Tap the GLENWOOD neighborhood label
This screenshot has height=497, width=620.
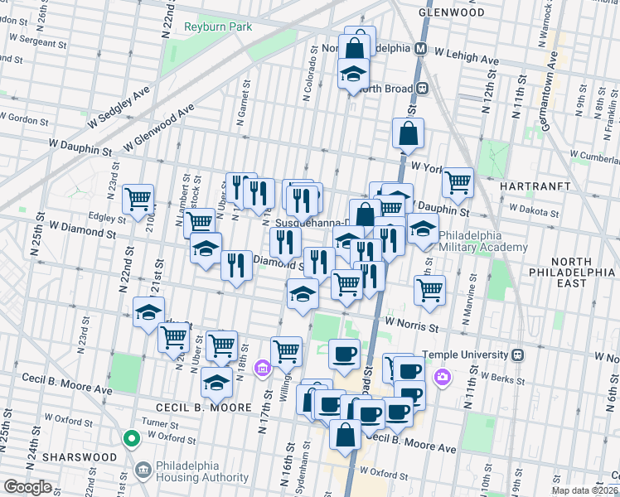pyautogui.click(x=451, y=13)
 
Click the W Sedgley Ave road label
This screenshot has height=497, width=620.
pyautogui.click(x=119, y=104)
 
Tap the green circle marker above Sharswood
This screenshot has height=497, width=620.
pyautogui.click(x=130, y=437)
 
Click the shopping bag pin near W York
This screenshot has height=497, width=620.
pyautogui.click(x=409, y=133)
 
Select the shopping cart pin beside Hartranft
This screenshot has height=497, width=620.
pyautogui.click(x=457, y=181)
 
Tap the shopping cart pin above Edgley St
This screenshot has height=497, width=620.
pyautogui.click(x=138, y=199)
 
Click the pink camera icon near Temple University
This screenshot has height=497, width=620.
pyautogui.click(x=443, y=378)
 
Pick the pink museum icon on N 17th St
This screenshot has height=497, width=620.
pyautogui.click(x=263, y=367)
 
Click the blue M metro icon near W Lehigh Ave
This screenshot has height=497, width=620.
pyautogui.click(x=421, y=49)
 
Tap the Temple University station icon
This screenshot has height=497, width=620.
pyautogui.click(x=520, y=355)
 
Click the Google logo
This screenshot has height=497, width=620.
pyautogui.click(x=27, y=487)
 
